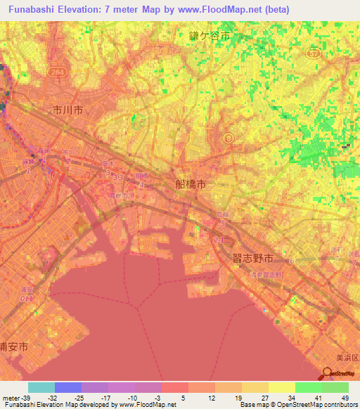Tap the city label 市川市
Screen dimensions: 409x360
[x=67, y=110]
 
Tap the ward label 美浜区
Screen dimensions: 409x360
[x=346, y=358]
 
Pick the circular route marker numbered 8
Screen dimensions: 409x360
[x=229, y=138]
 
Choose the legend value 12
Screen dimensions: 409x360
[x=211, y=398]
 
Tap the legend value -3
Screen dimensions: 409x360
[x=157, y=398]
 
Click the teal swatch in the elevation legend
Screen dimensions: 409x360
[x=41, y=387]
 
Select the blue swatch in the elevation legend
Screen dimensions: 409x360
[x=67, y=387]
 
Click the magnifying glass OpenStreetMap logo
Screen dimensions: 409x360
[x=328, y=375]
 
